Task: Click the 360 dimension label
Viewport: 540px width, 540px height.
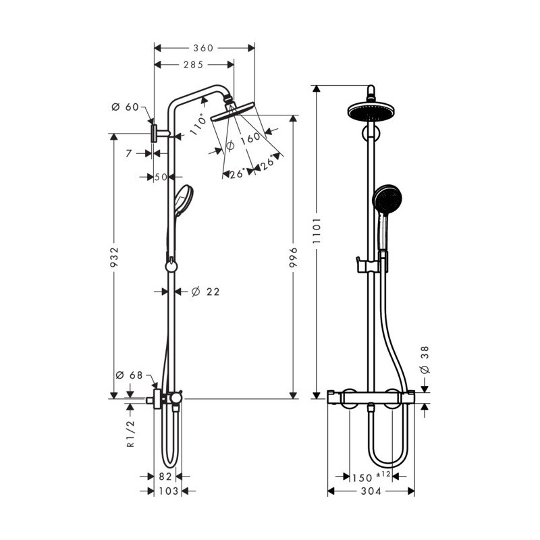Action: [x=203, y=48]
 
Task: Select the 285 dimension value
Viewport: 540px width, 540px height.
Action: [x=193, y=65]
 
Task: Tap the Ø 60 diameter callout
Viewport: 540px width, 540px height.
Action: [x=125, y=107]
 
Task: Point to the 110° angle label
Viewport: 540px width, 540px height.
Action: [x=198, y=124]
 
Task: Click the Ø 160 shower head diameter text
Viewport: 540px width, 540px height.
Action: [x=243, y=141]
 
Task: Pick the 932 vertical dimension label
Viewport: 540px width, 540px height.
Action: [x=114, y=257]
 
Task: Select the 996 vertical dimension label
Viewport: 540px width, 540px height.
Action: [x=293, y=257]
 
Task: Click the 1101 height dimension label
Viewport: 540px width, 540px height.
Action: [x=317, y=231]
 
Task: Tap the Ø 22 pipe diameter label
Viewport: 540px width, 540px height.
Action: [x=205, y=292]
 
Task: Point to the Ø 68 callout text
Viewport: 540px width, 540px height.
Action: [x=129, y=375]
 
